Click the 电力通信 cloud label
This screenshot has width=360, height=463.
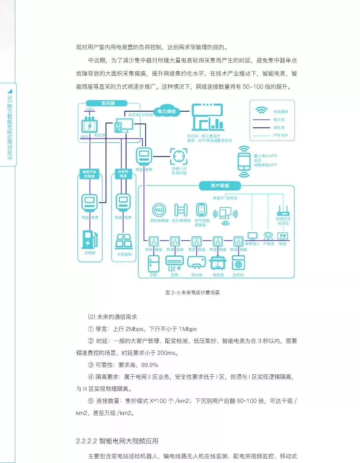(167, 111)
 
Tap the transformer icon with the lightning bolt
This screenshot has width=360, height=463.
(89, 126)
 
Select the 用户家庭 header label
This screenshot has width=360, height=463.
(220, 186)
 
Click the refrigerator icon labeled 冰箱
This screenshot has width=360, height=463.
(153, 264)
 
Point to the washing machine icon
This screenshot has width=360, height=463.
(238, 264)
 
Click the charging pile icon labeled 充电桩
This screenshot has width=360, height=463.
(89, 239)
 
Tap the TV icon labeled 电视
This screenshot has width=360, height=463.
(283, 236)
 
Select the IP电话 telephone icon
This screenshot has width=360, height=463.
(268, 236)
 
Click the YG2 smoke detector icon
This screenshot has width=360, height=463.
(159, 210)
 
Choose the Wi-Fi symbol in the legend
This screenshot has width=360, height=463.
(262, 110)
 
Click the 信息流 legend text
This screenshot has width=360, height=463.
(279, 127)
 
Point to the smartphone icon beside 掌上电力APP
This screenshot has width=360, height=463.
(244, 162)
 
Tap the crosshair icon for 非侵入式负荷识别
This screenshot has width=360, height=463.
(179, 156)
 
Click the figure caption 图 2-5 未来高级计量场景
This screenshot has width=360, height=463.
(192, 293)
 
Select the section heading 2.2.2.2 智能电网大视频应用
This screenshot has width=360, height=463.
(117, 441)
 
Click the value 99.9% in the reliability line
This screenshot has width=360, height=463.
(150, 365)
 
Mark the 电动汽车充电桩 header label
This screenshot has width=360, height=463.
(89, 174)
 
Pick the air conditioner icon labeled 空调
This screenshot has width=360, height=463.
(174, 263)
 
